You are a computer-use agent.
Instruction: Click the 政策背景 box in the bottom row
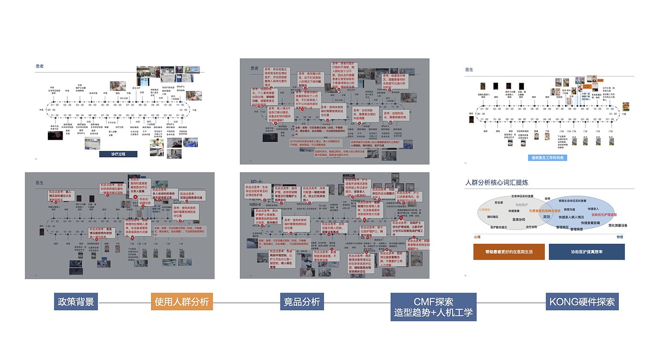pyautogui.click(x=76, y=302)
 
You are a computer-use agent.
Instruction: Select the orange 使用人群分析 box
pyautogui.click(x=182, y=302)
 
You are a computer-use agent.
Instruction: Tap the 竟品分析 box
pyautogui.click(x=302, y=302)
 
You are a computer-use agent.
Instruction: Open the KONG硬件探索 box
pyautogui.click(x=582, y=302)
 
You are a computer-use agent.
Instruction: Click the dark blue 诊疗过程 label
pyautogui.click(x=118, y=154)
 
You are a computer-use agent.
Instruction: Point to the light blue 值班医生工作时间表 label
pyautogui.click(x=548, y=157)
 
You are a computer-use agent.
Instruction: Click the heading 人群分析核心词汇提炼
pyautogui.click(x=496, y=183)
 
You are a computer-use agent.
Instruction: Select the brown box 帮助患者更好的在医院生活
pyautogui.click(x=509, y=251)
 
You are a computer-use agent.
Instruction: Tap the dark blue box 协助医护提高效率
pyautogui.click(x=586, y=251)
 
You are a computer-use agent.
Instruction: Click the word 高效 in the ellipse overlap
pyautogui.click(x=546, y=217)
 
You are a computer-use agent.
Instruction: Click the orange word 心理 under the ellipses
pyautogui.click(x=477, y=237)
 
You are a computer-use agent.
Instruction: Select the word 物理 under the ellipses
pyautogui.click(x=620, y=237)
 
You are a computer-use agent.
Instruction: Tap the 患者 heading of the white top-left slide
pyautogui.click(x=40, y=66)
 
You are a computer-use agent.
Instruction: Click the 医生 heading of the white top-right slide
pyautogui.click(x=469, y=69)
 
